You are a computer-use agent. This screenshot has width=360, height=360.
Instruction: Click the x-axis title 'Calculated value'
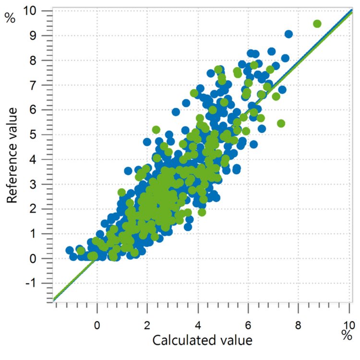point(202,341)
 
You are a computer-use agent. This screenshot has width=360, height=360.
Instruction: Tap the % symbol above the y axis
point(10,18)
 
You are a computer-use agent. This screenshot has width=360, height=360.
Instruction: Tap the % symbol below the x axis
point(347,335)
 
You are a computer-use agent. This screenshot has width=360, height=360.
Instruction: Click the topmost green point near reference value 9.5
point(317,24)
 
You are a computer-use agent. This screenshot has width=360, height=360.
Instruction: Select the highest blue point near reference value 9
point(288,34)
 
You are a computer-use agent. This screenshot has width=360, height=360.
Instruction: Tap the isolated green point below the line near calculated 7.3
point(281,123)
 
